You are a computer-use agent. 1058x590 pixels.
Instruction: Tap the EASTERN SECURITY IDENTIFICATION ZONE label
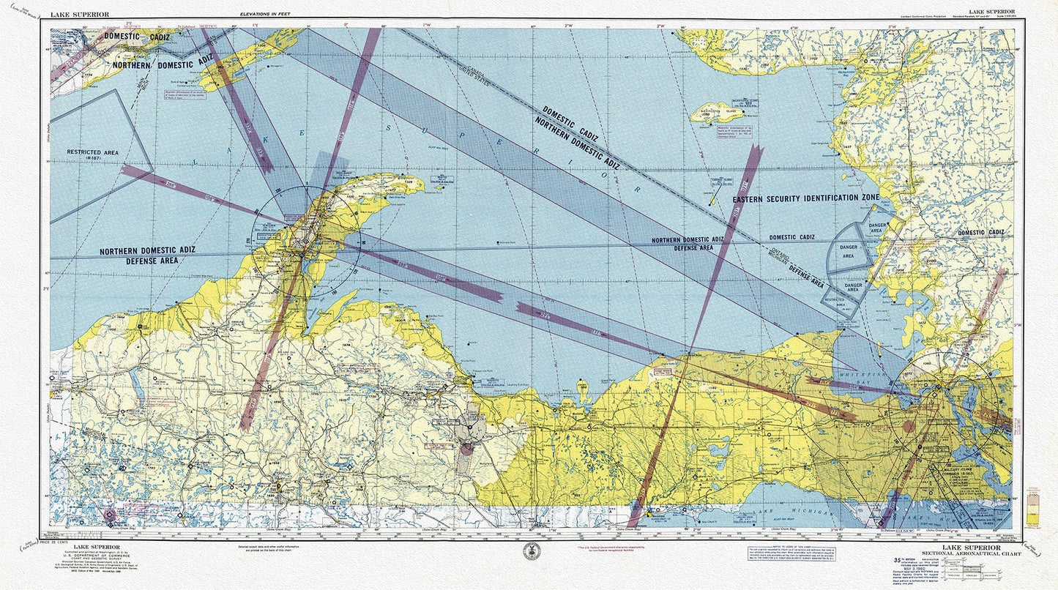coord(805,198)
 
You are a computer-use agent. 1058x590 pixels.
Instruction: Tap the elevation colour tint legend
coord(1033,504)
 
